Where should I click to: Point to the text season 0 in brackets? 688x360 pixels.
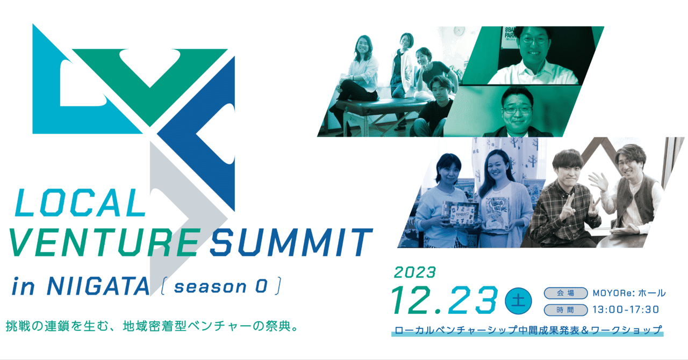[x=221, y=286]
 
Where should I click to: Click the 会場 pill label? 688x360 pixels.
[x=565, y=293]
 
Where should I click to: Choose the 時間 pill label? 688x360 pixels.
[x=565, y=310]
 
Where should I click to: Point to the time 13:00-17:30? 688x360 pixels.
[x=625, y=310]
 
